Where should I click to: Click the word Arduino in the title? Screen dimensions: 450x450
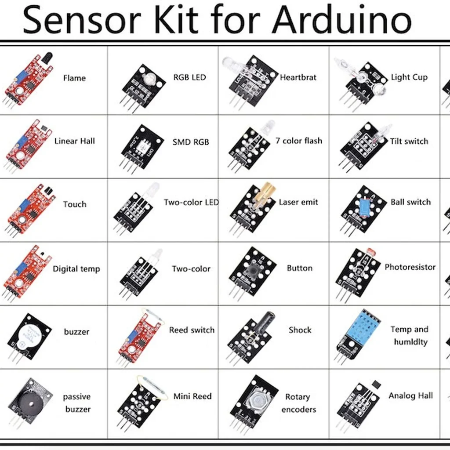tap(341, 19)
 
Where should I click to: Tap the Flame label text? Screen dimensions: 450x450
tap(74, 78)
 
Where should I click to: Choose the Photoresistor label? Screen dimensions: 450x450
tap(410, 267)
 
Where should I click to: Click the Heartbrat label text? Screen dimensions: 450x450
tap(298, 77)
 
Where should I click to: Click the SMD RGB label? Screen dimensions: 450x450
tap(191, 142)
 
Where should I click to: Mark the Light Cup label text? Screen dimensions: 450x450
tap(409, 77)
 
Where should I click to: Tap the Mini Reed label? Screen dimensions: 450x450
tap(192, 396)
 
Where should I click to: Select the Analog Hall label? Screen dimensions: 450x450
tap(410, 396)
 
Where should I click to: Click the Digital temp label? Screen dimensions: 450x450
tap(76, 269)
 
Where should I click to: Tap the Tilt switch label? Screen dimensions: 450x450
tap(409, 141)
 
